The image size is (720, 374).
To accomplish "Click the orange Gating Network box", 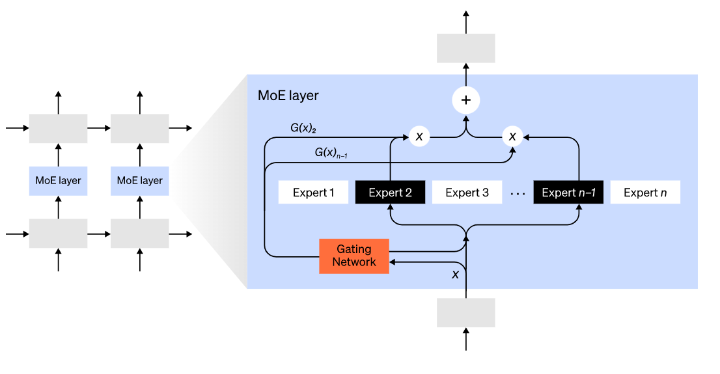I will coord(353,256).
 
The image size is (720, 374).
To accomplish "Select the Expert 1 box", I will coord(313,193).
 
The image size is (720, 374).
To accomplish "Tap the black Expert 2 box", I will coord(390,193).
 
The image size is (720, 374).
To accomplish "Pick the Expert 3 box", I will coord(467,193).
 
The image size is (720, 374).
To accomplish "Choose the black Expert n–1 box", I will coord(568,193).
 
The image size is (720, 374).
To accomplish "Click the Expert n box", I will coord(645,193).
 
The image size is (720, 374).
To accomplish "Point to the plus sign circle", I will coord(465,100).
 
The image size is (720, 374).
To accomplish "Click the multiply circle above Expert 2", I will coord(419,137).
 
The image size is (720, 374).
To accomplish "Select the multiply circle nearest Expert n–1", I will coord(512,137).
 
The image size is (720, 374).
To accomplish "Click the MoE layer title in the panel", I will coord(288,96).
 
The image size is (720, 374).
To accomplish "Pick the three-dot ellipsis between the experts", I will coord(518,193).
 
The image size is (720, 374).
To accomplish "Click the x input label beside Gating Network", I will coord(455,274).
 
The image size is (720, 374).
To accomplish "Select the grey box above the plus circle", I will coord(465,48).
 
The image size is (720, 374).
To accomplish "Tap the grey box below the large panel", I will coord(465,312).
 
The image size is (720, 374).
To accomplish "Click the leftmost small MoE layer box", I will coord(58,181).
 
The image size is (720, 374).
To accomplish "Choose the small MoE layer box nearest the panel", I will coord(139,181).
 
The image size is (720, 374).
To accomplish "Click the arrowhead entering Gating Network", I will coord(393,262).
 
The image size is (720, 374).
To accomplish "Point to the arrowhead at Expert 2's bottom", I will coord(390,207).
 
